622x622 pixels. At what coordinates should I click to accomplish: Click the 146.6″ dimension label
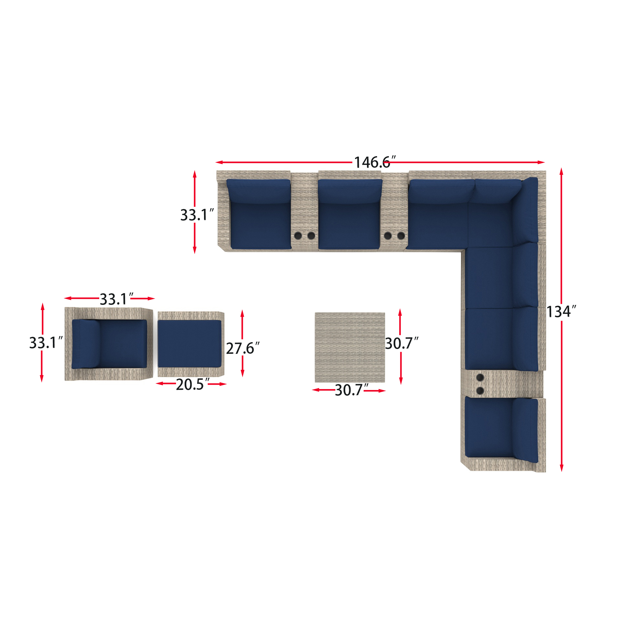pyautogui.click(x=375, y=162)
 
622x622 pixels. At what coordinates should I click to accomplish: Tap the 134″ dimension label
pyautogui.click(x=561, y=312)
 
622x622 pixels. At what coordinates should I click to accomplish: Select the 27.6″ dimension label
pyautogui.click(x=243, y=348)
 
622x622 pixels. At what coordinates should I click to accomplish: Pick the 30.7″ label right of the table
pyautogui.click(x=402, y=343)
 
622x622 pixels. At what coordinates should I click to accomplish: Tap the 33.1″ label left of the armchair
pyautogui.click(x=46, y=342)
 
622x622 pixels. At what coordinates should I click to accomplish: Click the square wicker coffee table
pyautogui.click(x=350, y=347)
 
